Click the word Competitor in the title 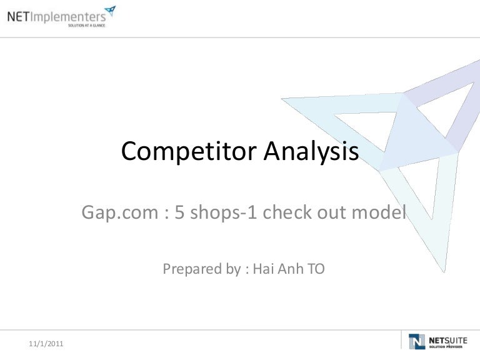189,151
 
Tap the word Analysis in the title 311,151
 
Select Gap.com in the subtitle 120,212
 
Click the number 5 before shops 179,212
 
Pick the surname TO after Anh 316,269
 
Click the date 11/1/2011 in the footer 46,344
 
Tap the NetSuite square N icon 417,341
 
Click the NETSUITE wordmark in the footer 448,341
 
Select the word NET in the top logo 18,16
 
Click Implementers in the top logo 68,17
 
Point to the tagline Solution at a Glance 87,26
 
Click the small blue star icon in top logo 110,11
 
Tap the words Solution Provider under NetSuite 446,347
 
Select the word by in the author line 234,269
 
